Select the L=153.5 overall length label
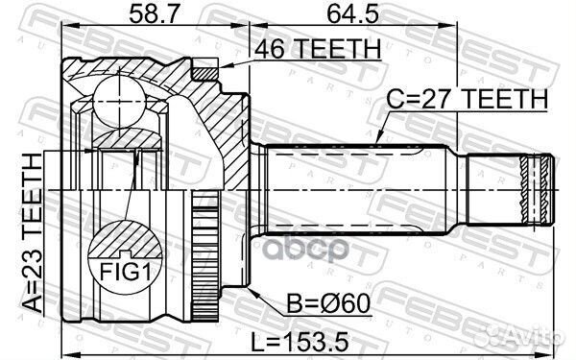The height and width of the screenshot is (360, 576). tap(313, 342)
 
